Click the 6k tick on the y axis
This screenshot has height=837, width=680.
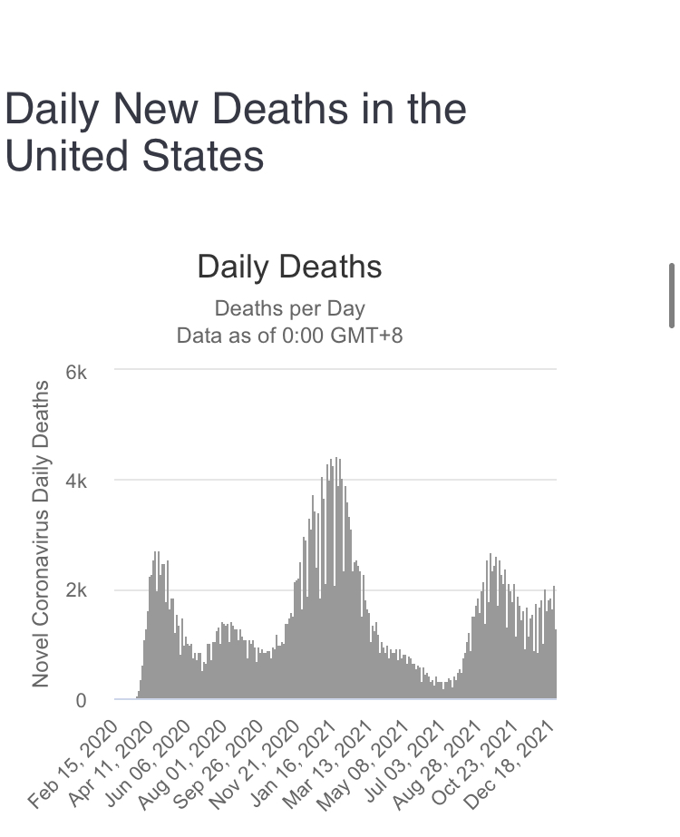pos(76,373)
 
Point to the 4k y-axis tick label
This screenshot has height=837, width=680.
pos(76,482)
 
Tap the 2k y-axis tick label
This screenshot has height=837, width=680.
pos(76,591)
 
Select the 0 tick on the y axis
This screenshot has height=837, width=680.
pos(81,701)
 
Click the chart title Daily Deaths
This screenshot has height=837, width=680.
pos(289,268)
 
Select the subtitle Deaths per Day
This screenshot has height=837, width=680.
pos(289,308)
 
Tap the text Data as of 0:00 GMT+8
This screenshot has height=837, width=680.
pos(289,336)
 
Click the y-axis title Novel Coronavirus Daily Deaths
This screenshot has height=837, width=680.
pos(41,534)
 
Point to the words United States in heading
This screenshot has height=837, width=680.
pos(134,155)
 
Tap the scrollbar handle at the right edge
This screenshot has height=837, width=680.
pos(672,295)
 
